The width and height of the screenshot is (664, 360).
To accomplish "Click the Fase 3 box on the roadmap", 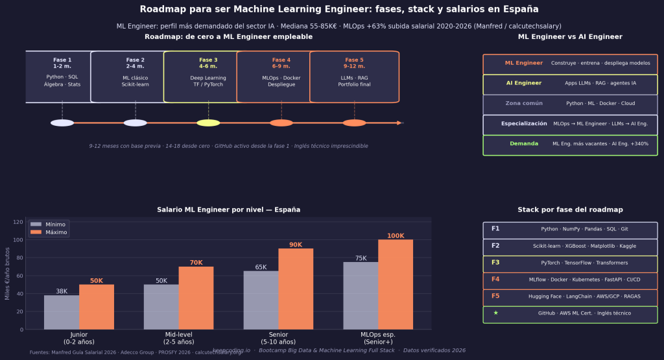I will click(x=208, y=77).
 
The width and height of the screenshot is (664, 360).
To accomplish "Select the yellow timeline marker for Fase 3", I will click(x=208, y=123).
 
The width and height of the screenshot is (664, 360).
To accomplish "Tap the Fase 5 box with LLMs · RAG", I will click(x=354, y=77).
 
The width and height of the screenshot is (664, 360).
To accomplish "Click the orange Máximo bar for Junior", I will click(x=97, y=307).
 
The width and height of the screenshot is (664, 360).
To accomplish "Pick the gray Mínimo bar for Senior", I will click(x=261, y=300).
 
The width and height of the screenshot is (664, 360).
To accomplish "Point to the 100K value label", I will click(x=396, y=235).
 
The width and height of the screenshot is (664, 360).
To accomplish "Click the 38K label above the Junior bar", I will click(x=62, y=291).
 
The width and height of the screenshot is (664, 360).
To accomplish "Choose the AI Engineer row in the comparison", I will click(x=570, y=84).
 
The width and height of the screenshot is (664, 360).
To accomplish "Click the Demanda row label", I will click(x=524, y=144).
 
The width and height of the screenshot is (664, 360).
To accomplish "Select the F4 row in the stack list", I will click(x=570, y=280).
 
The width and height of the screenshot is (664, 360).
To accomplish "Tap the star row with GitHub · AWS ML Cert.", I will click(x=570, y=313).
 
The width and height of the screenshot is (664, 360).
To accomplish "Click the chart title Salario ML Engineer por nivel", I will click(x=228, y=210).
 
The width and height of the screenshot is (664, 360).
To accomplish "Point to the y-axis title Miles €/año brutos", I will click(x=7, y=275).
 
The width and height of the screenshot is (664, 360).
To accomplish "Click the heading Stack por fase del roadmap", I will click(x=570, y=210).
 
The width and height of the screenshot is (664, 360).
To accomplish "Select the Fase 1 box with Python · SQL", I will click(x=62, y=77).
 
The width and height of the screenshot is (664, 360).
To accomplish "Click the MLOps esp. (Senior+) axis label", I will click(x=378, y=338).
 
